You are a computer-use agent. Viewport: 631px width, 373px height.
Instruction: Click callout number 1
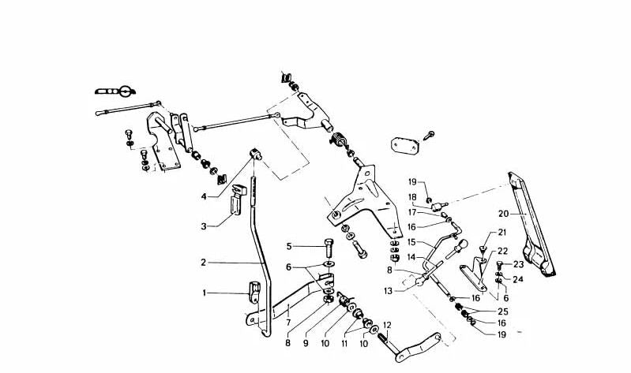click(203, 293)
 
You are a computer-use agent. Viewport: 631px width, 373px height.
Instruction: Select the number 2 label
click(203, 262)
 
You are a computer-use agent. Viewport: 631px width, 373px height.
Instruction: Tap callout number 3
click(203, 226)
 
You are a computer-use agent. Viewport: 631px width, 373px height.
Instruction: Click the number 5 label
click(289, 245)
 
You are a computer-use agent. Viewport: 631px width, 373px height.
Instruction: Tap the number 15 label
click(411, 241)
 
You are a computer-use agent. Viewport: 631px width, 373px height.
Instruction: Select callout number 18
click(411, 197)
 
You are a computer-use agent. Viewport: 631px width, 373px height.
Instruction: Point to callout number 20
click(502, 212)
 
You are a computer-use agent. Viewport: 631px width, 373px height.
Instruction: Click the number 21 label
click(501, 233)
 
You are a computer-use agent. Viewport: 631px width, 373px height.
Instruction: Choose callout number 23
click(518, 264)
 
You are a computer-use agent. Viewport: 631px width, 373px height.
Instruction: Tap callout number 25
click(502, 311)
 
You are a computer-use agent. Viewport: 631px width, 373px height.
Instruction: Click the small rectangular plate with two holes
click(404, 146)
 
